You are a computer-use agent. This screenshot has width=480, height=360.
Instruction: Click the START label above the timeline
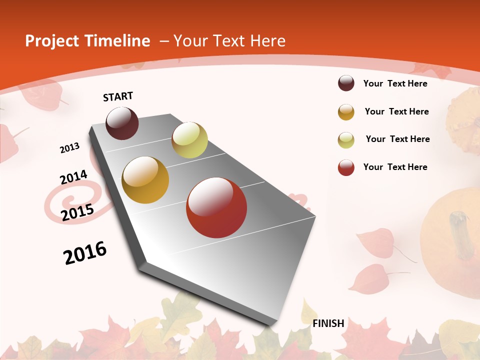coord(118,96)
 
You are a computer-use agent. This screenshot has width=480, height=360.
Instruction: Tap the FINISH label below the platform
coord(328,323)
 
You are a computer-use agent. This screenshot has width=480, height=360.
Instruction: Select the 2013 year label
coord(70,148)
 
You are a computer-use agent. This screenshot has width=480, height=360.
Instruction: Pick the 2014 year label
coord(73,177)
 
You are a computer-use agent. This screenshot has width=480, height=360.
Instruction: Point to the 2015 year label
coord(77,212)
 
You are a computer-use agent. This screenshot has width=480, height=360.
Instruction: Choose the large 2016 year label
coord(85,253)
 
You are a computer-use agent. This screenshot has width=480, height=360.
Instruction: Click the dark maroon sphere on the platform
coord(122,123)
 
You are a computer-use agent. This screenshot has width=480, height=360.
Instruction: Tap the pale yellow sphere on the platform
coord(189,140)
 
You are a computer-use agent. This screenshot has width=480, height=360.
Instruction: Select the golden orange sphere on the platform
coord(145,180)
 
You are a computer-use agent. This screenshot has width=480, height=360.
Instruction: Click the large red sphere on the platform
coord(216,207)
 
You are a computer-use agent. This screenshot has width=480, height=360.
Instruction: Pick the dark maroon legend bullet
coord(346,83)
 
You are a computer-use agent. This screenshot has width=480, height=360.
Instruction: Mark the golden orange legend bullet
coord(346,112)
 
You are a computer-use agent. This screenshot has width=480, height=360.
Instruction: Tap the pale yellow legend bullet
coord(346,140)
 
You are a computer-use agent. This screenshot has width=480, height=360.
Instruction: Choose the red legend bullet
coord(346,167)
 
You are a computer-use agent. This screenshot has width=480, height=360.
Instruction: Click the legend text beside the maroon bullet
coord(395,83)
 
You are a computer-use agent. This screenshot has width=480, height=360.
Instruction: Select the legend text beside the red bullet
coord(395,167)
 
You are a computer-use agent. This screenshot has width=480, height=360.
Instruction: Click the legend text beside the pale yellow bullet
coord(397,139)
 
